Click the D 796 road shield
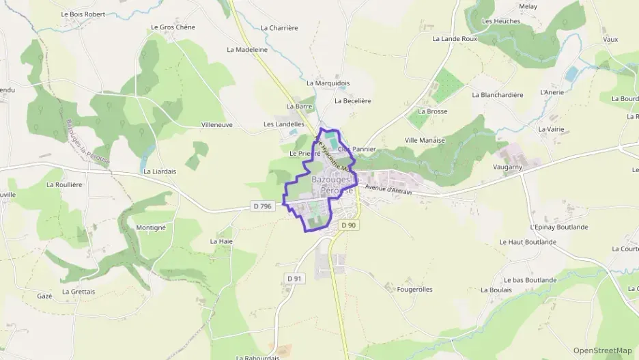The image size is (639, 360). coord(261,206)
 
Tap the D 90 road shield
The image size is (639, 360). coord(349,225)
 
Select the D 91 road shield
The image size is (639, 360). coord(294,278)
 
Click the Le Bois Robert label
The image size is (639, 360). coord(83,14)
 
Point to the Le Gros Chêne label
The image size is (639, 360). coord(173,27)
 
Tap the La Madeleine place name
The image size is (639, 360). coord(247,50)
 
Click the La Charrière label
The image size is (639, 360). coord(279,28)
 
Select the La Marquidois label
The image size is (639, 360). coord(328,83)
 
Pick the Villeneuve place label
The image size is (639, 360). coord(217,125)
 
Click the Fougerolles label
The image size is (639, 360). coord(414,290)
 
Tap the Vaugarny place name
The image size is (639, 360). coord(507,166)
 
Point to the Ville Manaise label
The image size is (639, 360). coord(425,140)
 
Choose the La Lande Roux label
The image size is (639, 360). coord(455,39)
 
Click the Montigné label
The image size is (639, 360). coord(151,227)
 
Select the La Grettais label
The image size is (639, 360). coord(79,292)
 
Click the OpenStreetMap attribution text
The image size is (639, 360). coord(602,350)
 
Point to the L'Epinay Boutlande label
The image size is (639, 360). coord(558,227)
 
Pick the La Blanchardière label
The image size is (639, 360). coord(497,95)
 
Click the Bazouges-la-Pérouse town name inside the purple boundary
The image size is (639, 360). coord(332,184)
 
